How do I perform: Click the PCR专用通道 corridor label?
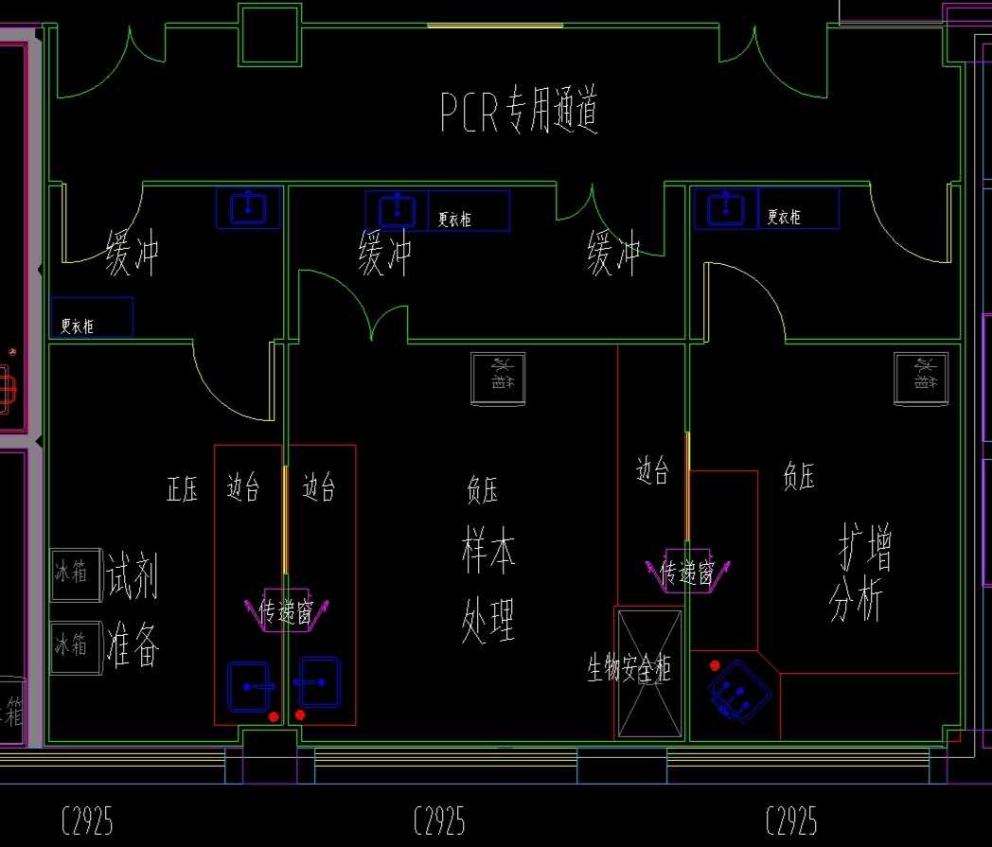pos(519,112)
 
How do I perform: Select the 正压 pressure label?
pos(182,489)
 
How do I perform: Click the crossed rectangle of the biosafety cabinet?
pos(649,673)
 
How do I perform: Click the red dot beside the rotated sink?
pos(715,665)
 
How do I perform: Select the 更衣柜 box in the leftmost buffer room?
pos(91,318)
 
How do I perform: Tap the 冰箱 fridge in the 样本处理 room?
pos(499,379)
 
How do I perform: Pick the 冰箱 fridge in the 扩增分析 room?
pos(921,378)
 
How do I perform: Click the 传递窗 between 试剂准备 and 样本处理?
pos(285,611)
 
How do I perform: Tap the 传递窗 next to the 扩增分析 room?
pos(687,572)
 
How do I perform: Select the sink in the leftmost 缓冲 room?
pos(248,207)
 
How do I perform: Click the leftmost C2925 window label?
pos(87,821)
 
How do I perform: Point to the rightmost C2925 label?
pos(790,821)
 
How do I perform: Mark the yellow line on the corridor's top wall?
pos(494,26)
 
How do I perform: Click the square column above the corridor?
pos(269,35)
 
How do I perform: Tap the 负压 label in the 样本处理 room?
pos(483,490)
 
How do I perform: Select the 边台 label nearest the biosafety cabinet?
pos(652,470)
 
